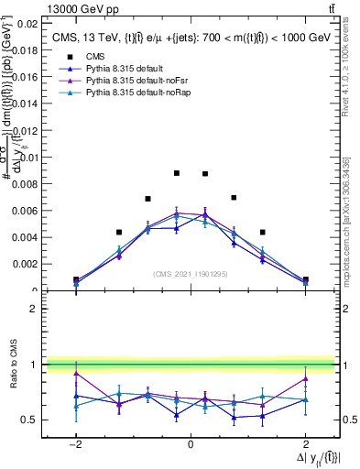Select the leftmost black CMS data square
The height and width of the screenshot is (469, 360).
(x=76, y=279)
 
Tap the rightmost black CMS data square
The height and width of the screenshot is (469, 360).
(x=305, y=279)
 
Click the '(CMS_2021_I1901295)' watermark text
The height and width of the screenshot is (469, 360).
(x=191, y=274)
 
